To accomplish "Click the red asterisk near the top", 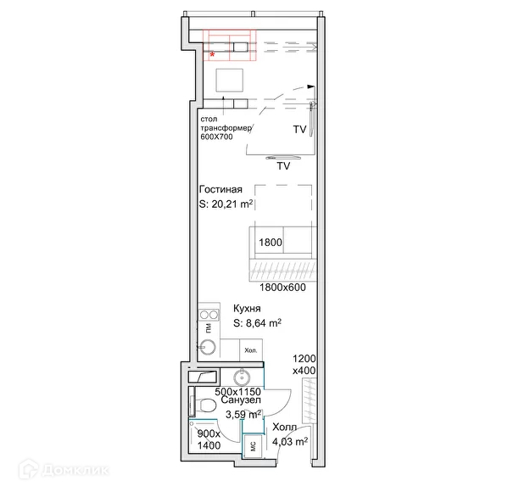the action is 212,55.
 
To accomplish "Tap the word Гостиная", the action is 221,189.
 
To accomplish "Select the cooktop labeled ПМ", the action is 208,325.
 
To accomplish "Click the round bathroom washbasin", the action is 243,377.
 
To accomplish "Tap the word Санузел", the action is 243,400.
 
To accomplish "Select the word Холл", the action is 286,428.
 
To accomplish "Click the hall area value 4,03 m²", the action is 289,441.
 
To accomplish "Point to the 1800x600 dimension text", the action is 282,288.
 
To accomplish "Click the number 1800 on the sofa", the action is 271,243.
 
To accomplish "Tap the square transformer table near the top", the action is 231,81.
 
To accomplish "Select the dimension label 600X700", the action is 216,137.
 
